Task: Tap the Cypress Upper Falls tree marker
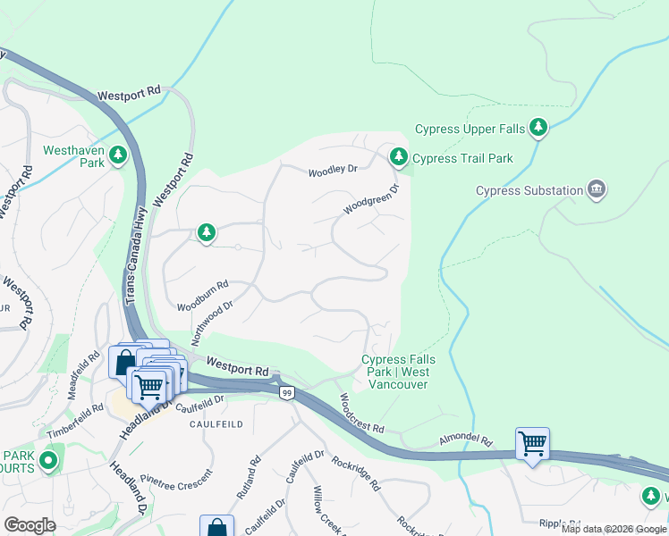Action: [538, 129]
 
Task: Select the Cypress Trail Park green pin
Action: [398, 158]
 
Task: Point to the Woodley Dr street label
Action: [333, 171]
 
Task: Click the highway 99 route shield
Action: [286, 393]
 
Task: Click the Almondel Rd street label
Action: [465, 441]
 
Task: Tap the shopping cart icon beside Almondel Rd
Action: [532, 443]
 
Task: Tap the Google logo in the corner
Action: [30, 525]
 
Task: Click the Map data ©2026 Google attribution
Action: [613, 529]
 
